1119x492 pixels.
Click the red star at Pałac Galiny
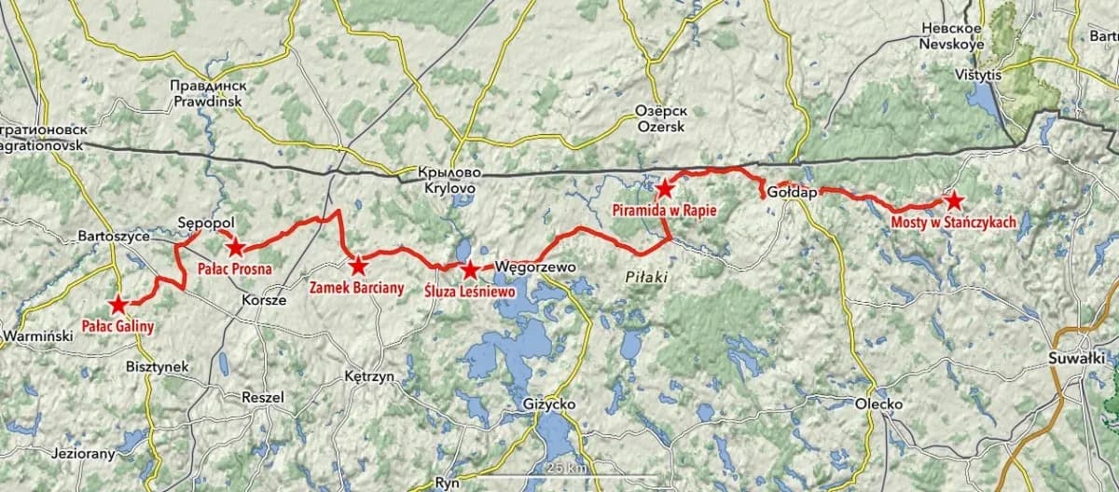pos(118,304)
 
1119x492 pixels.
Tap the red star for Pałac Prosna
pos(235,247)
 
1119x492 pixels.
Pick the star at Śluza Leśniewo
pos(470,270)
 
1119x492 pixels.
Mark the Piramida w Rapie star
pos(663,188)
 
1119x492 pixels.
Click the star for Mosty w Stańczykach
pos(952,200)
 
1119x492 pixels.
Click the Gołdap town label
pos(792,193)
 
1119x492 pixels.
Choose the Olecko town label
pos(878,403)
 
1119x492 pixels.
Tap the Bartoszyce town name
pos(116,237)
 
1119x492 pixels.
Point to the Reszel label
pos(262,396)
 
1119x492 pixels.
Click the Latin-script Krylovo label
pos(449,188)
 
